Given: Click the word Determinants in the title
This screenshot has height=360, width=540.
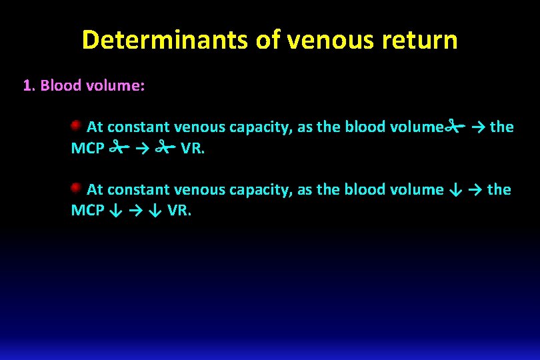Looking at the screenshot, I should point(165,40).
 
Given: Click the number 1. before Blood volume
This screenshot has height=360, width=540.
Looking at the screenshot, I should point(29,85).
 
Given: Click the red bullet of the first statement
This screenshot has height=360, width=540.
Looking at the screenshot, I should point(77,125).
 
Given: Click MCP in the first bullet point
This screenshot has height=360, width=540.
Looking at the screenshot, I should point(87,147).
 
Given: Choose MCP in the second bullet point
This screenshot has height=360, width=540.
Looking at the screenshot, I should point(87,210).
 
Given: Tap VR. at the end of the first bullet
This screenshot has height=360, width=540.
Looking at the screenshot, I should point(193,147).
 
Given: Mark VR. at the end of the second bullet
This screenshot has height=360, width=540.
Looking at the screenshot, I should point(179,210).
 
